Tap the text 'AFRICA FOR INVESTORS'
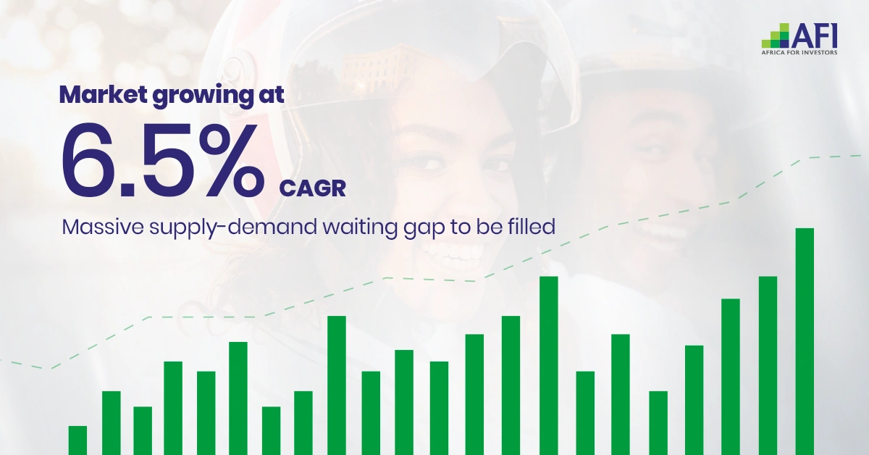(x=799, y=52)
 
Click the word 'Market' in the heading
(x=103, y=94)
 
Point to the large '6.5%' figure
(x=163, y=160)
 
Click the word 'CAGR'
(x=312, y=188)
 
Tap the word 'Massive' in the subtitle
(x=103, y=227)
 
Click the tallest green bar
(x=805, y=342)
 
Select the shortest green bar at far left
(x=77, y=441)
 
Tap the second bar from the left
(x=112, y=423)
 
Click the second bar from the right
(x=768, y=366)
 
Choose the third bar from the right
(x=731, y=377)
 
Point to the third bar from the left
(x=143, y=431)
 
